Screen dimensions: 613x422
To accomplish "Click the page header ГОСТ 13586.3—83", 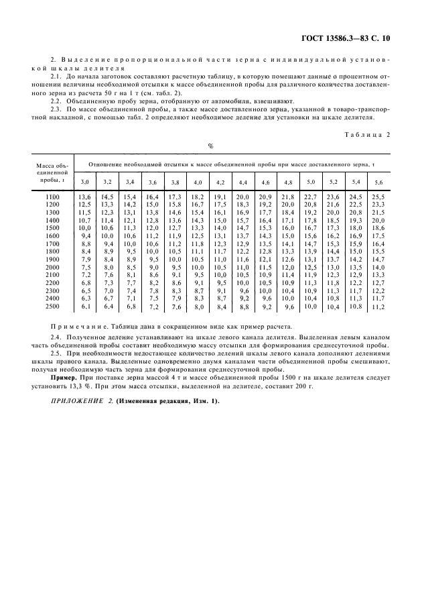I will [x=340, y=38].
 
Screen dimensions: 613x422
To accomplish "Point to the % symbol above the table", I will [x=210, y=146].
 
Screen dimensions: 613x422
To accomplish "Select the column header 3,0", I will [x=84, y=182].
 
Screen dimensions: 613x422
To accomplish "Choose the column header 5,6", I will [x=378, y=182].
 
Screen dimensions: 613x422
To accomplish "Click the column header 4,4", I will [x=243, y=182].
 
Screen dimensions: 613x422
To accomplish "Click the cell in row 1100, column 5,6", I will [x=378, y=196].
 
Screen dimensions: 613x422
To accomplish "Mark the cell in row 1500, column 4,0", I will [x=198, y=227].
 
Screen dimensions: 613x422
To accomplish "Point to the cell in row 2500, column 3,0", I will [x=85, y=306].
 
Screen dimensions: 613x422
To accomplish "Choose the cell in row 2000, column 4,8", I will [x=288, y=267].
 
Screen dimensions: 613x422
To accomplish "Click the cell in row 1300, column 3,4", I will [x=130, y=211].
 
